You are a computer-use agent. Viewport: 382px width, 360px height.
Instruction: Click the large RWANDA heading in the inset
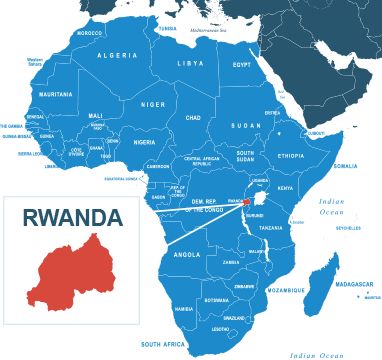pos(73,217)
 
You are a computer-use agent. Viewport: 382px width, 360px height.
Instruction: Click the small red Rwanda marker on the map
pos(246,202)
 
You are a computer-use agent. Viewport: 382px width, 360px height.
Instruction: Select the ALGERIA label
pos(117,55)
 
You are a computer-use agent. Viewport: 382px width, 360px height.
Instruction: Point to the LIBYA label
pos(190,63)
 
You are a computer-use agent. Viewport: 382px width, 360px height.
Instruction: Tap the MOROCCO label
pos(89,33)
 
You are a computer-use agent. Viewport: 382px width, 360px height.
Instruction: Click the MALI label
pos(95,115)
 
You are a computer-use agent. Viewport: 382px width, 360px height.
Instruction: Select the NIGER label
pos(153,104)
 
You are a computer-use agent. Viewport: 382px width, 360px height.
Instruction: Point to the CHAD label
pos(193,117)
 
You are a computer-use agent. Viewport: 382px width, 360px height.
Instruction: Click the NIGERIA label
pos(145,142)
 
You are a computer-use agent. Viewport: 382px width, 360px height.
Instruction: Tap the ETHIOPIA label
pos(291,156)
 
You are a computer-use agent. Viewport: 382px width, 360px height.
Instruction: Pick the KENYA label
pos(285,188)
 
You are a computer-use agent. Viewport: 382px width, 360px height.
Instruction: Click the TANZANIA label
pos(271,228)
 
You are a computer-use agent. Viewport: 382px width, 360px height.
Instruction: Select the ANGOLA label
pos(187,254)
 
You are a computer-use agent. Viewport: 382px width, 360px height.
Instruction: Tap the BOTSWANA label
pos(216,300)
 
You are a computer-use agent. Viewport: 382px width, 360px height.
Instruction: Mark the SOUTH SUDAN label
pos(245,156)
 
